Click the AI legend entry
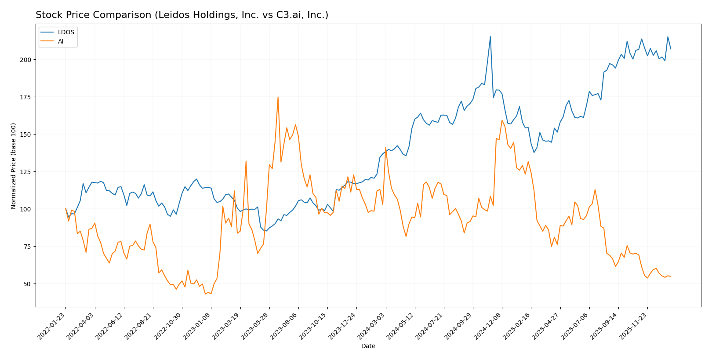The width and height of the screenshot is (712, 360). coord(61,42)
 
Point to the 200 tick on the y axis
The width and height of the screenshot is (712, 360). coord(26,59)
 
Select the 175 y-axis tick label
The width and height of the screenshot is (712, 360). coord(26,97)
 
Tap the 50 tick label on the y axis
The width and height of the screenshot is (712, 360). coord(27,284)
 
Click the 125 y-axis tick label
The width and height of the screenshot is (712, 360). coord(26,171)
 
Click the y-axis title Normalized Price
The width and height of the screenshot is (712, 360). coord(14,166)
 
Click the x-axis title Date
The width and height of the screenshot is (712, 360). coord(368,346)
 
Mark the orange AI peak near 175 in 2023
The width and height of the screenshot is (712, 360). coord(278,97)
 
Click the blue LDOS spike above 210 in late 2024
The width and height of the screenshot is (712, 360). coord(490,36)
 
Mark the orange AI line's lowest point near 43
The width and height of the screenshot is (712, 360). coord(205,294)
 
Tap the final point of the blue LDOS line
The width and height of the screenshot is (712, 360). coord(671,49)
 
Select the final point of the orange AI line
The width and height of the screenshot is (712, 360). coord(671,276)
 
